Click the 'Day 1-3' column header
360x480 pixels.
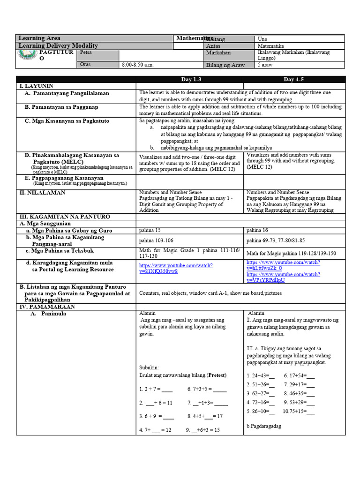190,79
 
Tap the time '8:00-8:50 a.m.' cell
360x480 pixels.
138,65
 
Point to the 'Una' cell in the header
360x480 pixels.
263,38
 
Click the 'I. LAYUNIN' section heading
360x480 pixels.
36,86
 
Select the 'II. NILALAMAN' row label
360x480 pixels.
42,193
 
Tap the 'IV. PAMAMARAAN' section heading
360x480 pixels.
46,307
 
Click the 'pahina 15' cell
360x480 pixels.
150,231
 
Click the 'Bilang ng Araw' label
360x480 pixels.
225,65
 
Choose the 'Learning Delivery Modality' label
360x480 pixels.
58,45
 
